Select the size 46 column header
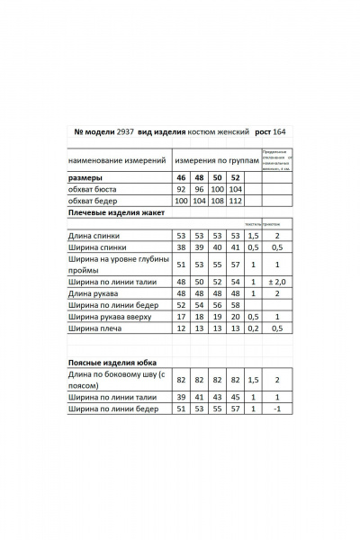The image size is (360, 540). (182, 178)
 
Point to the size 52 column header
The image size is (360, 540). (236, 178)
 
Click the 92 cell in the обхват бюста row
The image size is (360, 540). (182, 190)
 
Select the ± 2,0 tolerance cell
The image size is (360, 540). (277, 282)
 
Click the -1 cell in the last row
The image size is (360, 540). (277, 409)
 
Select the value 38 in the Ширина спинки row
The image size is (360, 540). (182, 247)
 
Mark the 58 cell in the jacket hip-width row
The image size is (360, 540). (236, 305)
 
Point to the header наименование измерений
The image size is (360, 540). (118, 158)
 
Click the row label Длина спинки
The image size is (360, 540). (97, 235)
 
